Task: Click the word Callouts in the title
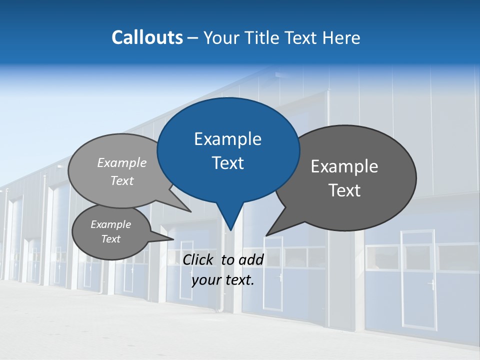[147, 37]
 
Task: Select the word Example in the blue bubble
[227, 139]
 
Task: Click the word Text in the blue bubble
[227, 163]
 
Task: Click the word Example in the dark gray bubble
[344, 166]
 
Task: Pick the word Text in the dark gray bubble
[344, 190]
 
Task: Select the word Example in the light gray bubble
[122, 163]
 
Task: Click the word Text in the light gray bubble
[122, 181]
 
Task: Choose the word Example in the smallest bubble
[110, 224]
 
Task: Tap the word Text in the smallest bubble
[110, 239]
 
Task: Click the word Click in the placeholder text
[199, 259]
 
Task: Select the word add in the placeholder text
[251, 259]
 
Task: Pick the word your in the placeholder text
[206, 280]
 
